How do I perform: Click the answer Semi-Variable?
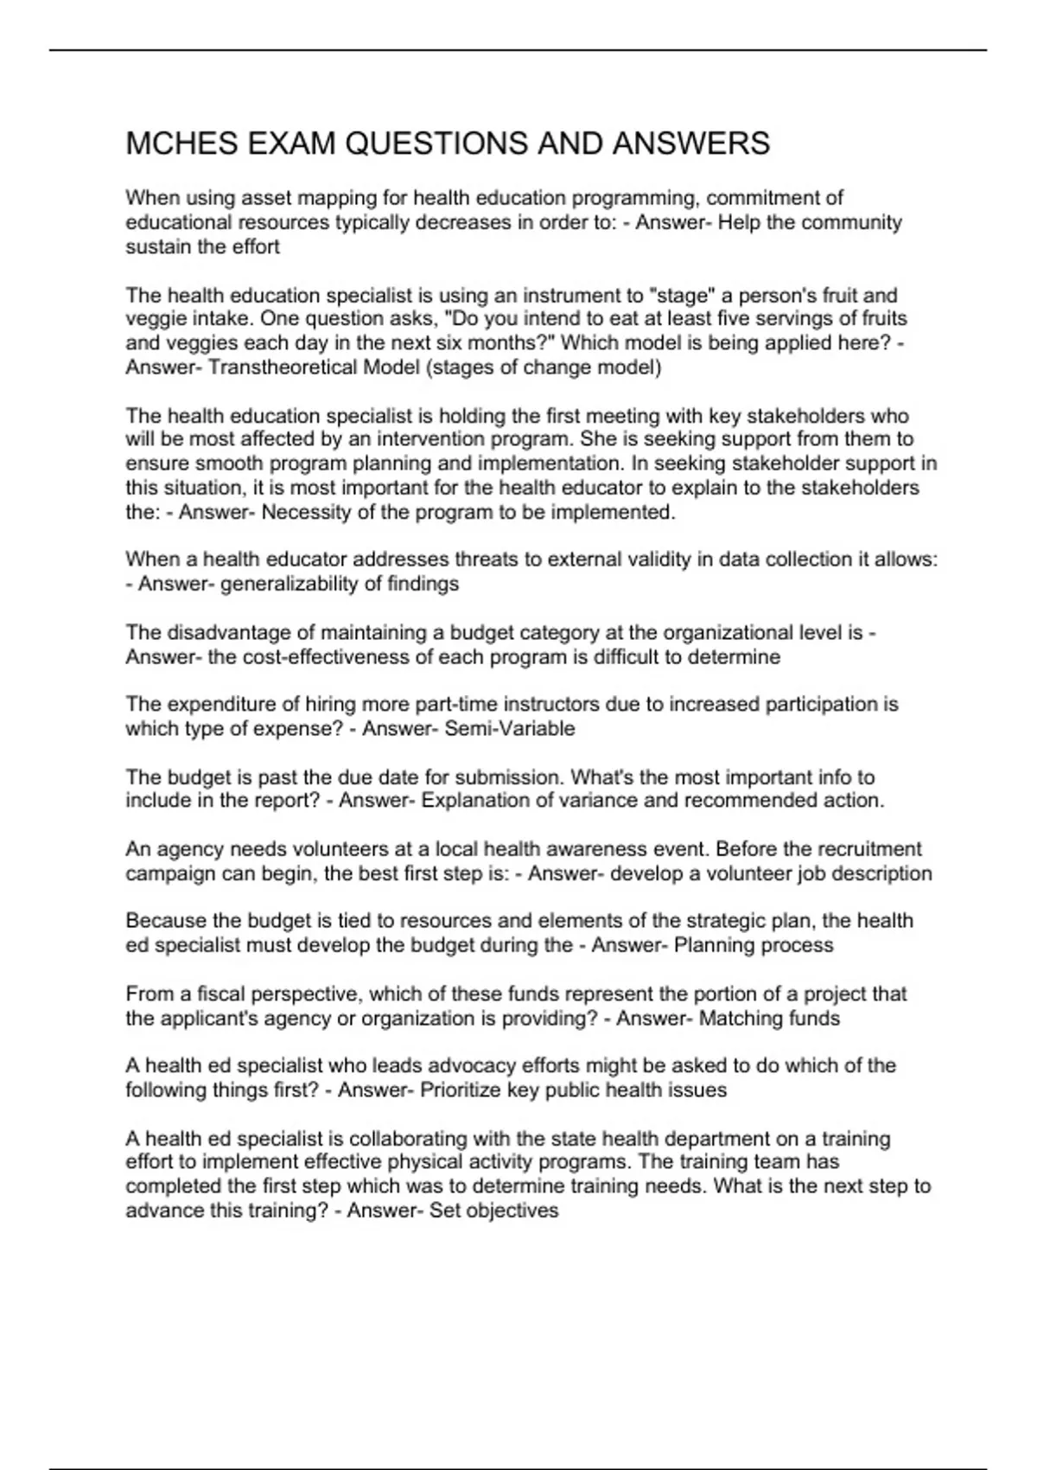pyautogui.click(x=509, y=729)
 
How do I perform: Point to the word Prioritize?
pyautogui.click(x=461, y=1090)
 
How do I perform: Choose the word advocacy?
pyautogui.click(x=471, y=1066)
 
